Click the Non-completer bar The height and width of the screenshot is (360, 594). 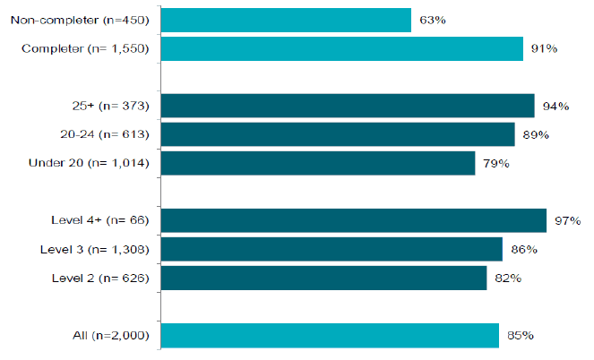click(x=286, y=20)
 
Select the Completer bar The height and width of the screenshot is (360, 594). click(x=342, y=49)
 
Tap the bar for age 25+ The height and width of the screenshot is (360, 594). click(x=348, y=106)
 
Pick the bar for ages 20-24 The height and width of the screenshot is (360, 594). click(x=338, y=134)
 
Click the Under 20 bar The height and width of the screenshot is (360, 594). click(x=318, y=163)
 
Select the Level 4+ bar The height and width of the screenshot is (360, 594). click(x=354, y=220)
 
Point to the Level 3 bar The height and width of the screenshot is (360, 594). click(x=331, y=249)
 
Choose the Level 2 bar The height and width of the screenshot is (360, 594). click(x=324, y=278)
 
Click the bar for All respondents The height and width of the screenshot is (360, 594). click(x=330, y=336)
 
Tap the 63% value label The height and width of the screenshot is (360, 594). click(x=433, y=20)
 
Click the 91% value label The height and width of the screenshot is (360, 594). click(x=544, y=49)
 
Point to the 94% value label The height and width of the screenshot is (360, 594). click(x=555, y=107)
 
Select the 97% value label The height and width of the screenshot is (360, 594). click(x=567, y=220)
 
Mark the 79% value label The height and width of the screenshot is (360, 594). click(x=495, y=164)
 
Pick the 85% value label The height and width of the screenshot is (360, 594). click(x=521, y=336)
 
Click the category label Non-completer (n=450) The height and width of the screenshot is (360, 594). click(x=80, y=20)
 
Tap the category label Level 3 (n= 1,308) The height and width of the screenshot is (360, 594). click(x=95, y=250)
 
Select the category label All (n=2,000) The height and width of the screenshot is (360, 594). click(x=111, y=336)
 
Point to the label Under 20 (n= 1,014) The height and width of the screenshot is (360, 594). click(x=89, y=163)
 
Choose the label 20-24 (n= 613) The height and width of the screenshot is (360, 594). click(x=105, y=134)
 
